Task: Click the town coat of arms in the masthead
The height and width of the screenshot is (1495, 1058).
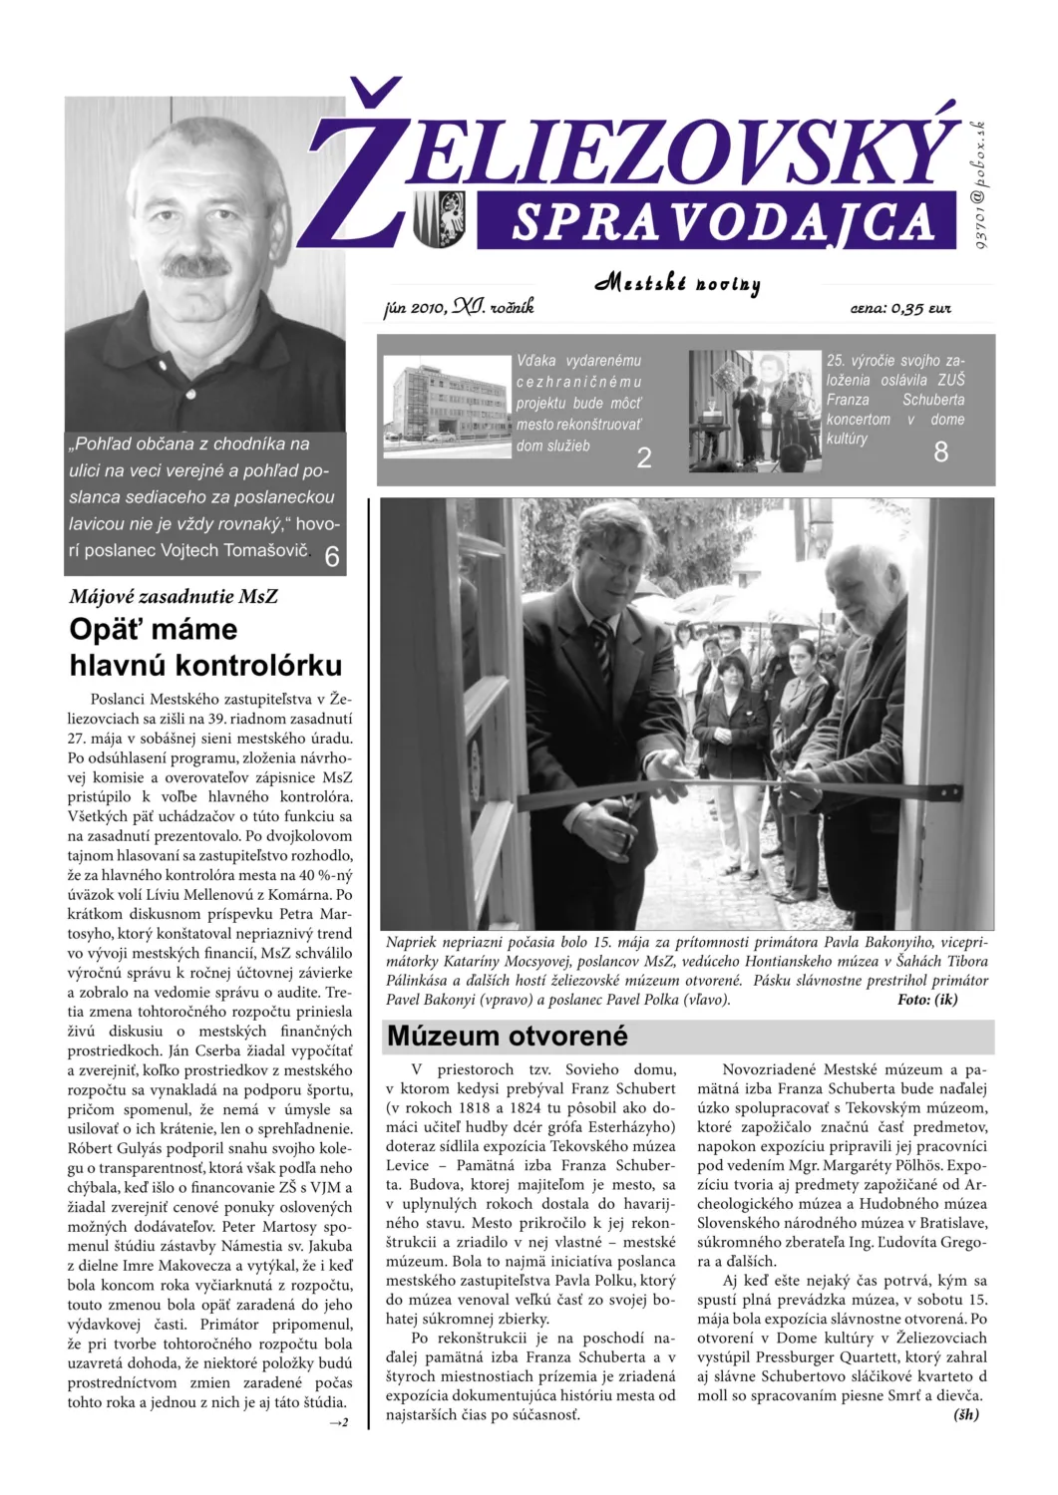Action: pyautogui.click(x=439, y=218)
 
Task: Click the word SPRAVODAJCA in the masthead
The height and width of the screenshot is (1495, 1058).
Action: pyautogui.click(x=722, y=221)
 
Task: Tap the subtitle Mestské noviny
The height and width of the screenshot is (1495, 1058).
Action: pyautogui.click(x=678, y=283)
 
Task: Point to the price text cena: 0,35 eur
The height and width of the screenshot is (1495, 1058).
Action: pyautogui.click(x=899, y=308)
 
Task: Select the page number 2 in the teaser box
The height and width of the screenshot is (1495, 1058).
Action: pyautogui.click(x=644, y=457)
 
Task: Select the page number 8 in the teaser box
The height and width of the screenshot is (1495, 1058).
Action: pyautogui.click(x=940, y=452)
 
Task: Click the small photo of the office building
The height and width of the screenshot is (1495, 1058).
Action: pyautogui.click(x=447, y=405)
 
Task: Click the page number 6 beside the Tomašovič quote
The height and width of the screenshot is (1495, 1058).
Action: pyautogui.click(x=332, y=556)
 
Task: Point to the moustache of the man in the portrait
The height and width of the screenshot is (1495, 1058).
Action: pyautogui.click(x=197, y=266)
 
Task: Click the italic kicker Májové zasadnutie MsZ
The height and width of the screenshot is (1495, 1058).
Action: pyautogui.click(x=174, y=597)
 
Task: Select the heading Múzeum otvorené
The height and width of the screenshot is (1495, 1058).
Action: pyautogui.click(x=507, y=1037)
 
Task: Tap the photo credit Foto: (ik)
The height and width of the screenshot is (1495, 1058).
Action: pyautogui.click(x=926, y=1000)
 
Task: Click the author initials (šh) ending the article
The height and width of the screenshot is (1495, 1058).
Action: pyautogui.click(x=966, y=1414)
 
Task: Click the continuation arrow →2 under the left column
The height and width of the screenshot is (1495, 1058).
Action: pyautogui.click(x=339, y=1422)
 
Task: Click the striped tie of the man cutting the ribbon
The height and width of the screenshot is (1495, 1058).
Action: pyautogui.click(x=602, y=648)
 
